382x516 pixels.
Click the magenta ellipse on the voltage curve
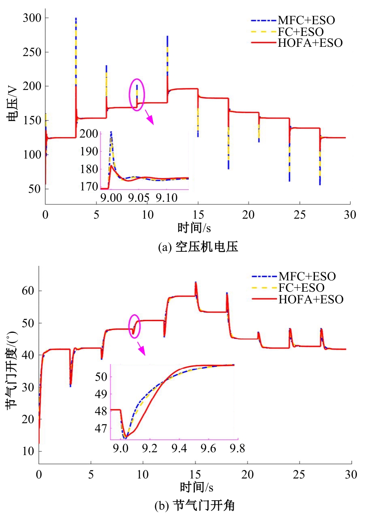(137, 94)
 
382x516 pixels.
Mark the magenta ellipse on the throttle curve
(134, 326)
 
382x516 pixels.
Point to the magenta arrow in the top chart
(150, 119)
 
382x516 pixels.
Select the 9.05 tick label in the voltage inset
(138, 198)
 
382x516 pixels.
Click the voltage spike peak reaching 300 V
(76, 19)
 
